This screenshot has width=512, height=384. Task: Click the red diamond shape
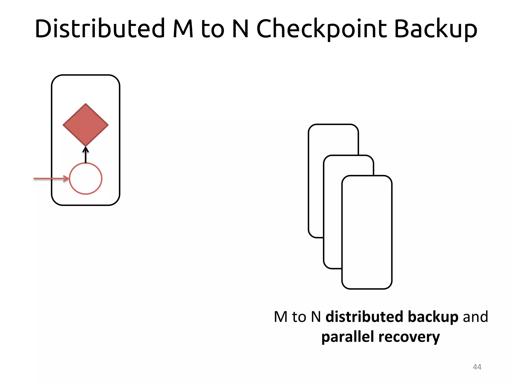pyautogui.click(x=85, y=125)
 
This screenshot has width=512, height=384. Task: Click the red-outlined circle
pyautogui.click(x=85, y=178)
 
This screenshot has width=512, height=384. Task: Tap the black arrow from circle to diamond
pyautogui.click(x=85, y=155)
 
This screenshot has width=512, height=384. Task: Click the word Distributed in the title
pyautogui.click(x=100, y=29)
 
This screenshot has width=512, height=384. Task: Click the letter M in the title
pyautogui.click(x=183, y=29)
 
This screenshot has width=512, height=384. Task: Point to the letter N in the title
pyautogui.click(x=240, y=29)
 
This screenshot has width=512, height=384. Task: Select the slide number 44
pyautogui.click(x=477, y=367)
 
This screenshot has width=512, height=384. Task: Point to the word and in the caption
pyautogui.click(x=475, y=317)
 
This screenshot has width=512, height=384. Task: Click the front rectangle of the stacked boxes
pyautogui.click(x=367, y=232)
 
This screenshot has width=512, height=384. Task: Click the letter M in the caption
pyautogui.click(x=280, y=317)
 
